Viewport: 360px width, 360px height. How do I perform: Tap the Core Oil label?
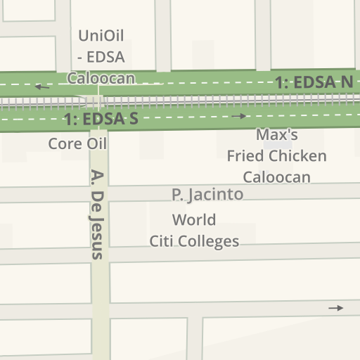(77, 143)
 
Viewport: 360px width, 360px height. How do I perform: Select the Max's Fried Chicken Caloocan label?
(277, 155)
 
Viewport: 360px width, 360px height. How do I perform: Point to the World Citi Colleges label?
(194, 231)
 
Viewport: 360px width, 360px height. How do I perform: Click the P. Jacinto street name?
(207, 194)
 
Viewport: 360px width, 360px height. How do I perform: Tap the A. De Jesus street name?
(98, 214)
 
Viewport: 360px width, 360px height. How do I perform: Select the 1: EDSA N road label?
(314, 83)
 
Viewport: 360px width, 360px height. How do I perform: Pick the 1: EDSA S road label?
(101, 120)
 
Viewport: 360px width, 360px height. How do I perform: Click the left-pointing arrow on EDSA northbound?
(43, 87)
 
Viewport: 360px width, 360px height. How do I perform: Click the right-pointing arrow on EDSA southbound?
(240, 116)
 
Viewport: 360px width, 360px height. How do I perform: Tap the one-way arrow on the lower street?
(336, 308)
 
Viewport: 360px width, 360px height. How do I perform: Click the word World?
(194, 220)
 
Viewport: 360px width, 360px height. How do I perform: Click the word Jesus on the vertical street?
(98, 236)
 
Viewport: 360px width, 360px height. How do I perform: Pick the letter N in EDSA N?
(346, 82)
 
